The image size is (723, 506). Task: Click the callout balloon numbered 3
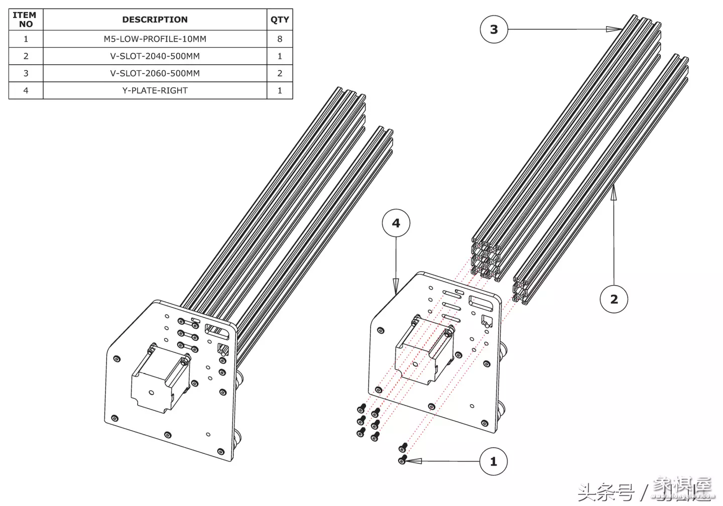pyautogui.click(x=494, y=29)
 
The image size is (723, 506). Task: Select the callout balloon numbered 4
pyautogui.click(x=396, y=223)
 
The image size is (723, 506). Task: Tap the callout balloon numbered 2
pyautogui.click(x=614, y=299)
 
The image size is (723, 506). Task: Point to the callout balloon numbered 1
pyautogui.click(x=493, y=461)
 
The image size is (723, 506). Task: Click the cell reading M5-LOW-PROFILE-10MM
pyautogui.click(x=155, y=39)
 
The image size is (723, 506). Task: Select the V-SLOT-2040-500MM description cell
pyautogui.click(x=155, y=56)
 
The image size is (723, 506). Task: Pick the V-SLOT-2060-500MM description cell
pyautogui.click(x=155, y=73)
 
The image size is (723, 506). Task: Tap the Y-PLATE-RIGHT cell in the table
pyautogui.click(x=155, y=90)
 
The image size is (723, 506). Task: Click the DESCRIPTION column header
pyautogui.click(x=155, y=20)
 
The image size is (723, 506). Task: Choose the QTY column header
pyautogui.click(x=280, y=20)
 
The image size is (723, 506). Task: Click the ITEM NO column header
pyautogui.click(x=26, y=20)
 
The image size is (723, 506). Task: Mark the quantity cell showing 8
pyautogui.click(x=280, y=39)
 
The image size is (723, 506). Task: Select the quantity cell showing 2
pyautogui.click(x=280, y=73)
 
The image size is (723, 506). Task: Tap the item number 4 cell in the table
pyautogui.click(x=26, y=90)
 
